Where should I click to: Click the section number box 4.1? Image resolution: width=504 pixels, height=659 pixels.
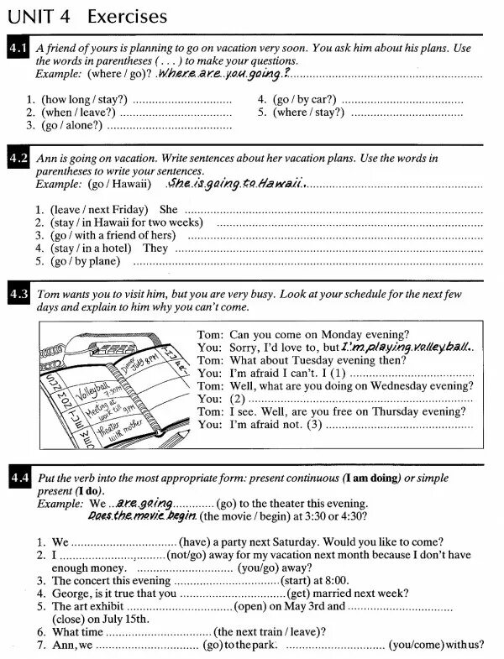(18, 48)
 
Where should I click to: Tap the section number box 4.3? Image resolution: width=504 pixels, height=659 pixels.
(18, 294)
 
